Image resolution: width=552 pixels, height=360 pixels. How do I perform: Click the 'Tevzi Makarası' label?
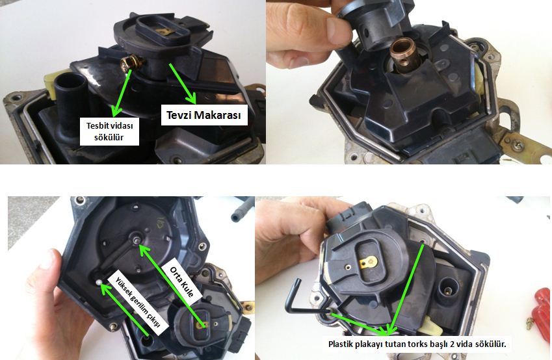click(x=204, y=115)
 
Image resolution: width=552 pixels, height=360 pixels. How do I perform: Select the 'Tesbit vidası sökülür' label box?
click(x=109, y=131)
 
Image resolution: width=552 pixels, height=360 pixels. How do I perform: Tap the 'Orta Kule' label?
click(x=181, y=282)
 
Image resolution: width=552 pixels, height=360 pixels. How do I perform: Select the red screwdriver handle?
click(x=542, y=306)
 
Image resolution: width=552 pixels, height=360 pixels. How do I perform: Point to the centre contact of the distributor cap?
click(x=136, y=239)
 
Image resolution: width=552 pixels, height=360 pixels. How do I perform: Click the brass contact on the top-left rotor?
click(x=164, y=32)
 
